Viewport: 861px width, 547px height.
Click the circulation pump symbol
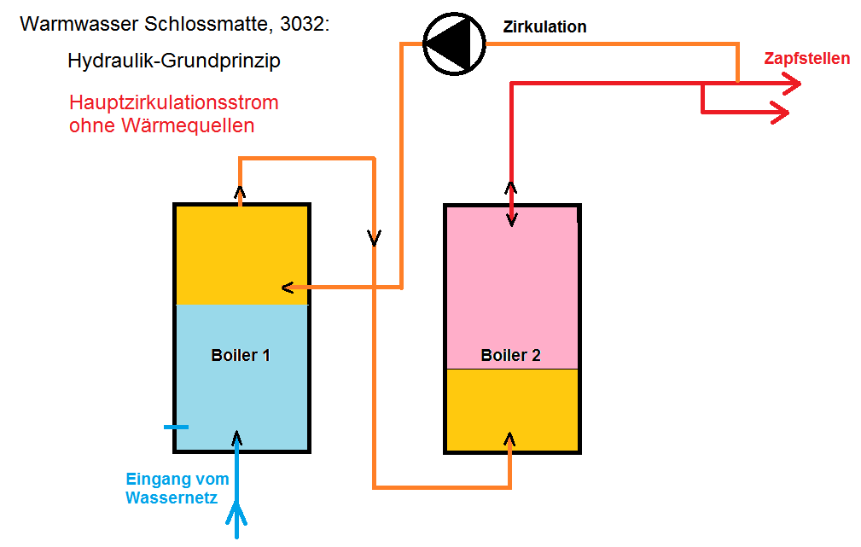click(454, 44)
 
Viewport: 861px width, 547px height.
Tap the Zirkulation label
click(544, 27)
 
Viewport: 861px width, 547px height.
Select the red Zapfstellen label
click(806, 58)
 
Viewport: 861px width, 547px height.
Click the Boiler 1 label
click(241, 355)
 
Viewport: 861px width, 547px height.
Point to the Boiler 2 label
click(510, 355)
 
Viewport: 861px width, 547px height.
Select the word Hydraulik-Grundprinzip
click(174, 61)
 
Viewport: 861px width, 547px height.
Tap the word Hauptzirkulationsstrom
click(174, 102)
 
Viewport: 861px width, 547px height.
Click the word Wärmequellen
click(188, 125)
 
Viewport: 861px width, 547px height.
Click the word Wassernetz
click(172, 498)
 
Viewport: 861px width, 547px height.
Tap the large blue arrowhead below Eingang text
click(236, 514)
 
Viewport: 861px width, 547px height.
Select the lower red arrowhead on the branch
click(781, 113)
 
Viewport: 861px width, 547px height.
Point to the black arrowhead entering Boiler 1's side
click(287, 288)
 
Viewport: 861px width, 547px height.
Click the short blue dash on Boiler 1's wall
click(177, 427)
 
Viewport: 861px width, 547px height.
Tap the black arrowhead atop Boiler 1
click(240, 192)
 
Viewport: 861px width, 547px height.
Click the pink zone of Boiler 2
click(512, 287)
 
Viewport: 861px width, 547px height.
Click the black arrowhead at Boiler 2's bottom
click(510, 439)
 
